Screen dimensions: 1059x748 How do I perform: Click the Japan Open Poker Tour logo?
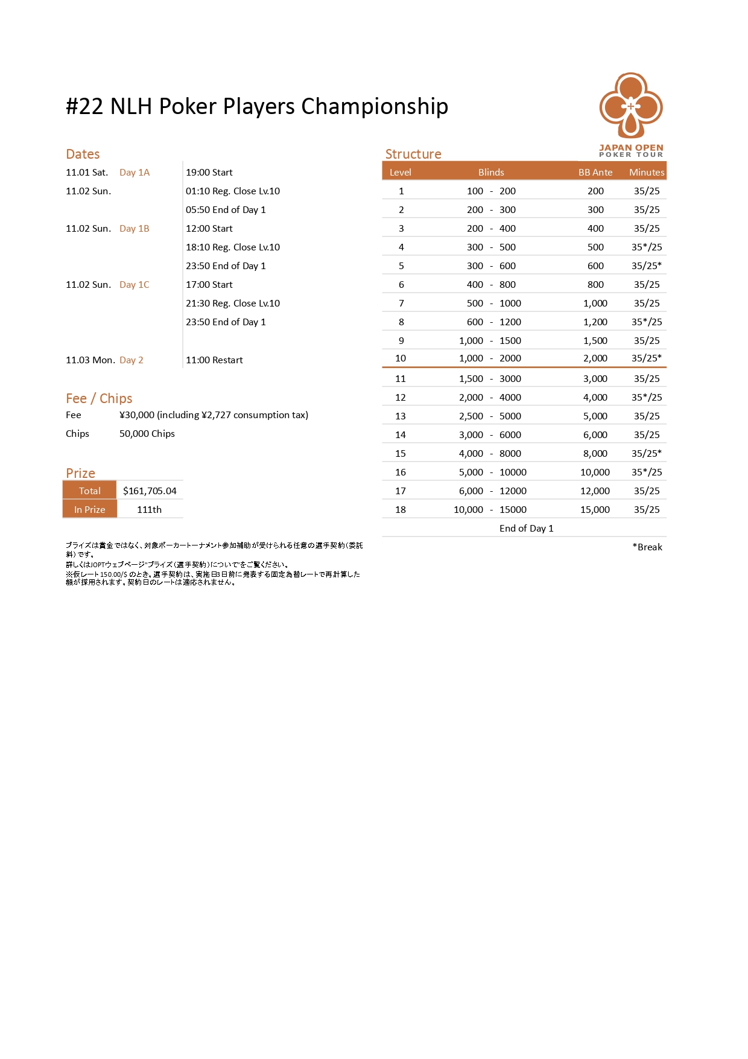pyautogui.click(x=631, y=115)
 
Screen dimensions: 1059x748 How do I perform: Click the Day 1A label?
pyautogui.click(x=135, y=173)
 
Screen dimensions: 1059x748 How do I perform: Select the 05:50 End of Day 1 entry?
pyautogui.click(x=226, y=210)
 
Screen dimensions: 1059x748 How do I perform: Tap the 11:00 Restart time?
pyautogui.click(x=214, y=360)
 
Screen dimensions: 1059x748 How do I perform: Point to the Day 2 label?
pyautogui.click(x=132, y=360)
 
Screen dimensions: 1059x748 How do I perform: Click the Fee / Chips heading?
pyautogui.click(x=99, y=398)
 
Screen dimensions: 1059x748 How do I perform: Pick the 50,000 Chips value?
pyautogui.click(x=147, y=434)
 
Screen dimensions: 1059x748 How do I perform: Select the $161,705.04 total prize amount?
pyautogui.click(x=150, y=491)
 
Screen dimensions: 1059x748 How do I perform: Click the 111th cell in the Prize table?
pyautogui.click(x=149, y=510)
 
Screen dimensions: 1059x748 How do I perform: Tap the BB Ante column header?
pyautogui.click(x=595, y=173)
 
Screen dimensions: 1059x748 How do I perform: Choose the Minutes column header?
pyautogui.click(x=647, y=173)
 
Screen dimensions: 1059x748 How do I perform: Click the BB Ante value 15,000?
pyautogui.click(x=595, y=510)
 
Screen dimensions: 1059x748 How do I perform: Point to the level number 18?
pyautogui.click(x=401, y=510)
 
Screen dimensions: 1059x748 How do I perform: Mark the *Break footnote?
pyautogui.click(x=647, y=547)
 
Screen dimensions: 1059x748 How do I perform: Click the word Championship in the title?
pyautogui.click(x=375, y=107)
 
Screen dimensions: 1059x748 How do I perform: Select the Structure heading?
pyautogui.click(x=413, y=154)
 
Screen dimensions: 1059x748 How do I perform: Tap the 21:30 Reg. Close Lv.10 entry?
pyautogui.click(x=233, y=304)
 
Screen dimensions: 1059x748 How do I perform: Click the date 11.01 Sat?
pyautogui.click(x=87, y=173)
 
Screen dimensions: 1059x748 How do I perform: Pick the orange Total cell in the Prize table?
pyautogui.click(x=90, y=491)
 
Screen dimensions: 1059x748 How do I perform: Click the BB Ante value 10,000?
pyautogui.click(x=595, y=472)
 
